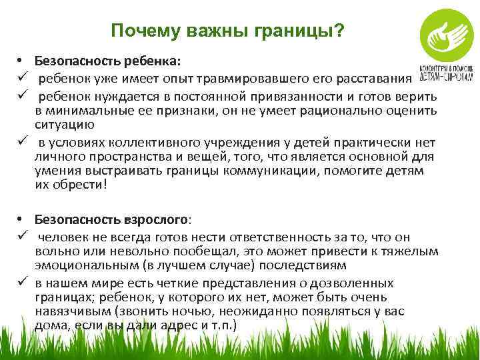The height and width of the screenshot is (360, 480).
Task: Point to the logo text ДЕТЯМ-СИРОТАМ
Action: (x=446, y=75)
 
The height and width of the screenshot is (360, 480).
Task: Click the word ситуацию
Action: (x=65, y=124)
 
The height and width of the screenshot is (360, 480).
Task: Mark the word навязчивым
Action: (x=73, y=310)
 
